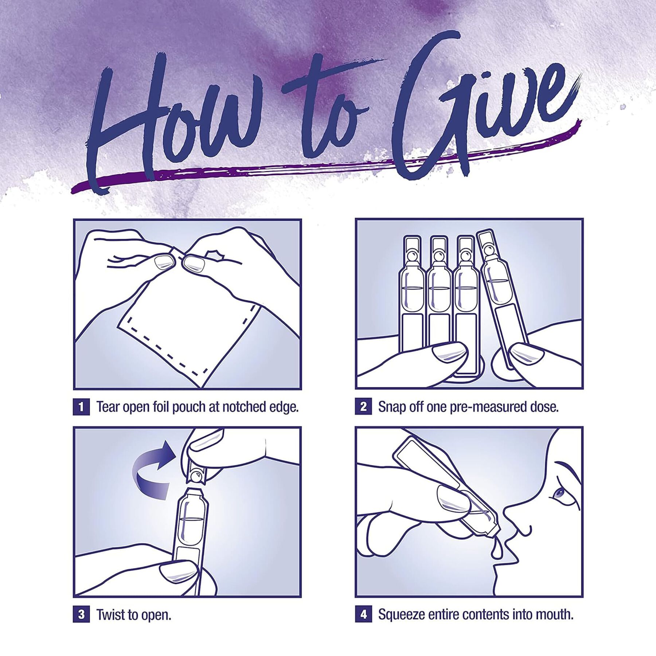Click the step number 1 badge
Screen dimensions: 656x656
tap(81, 407)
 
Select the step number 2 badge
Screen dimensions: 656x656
tap(363, 407)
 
